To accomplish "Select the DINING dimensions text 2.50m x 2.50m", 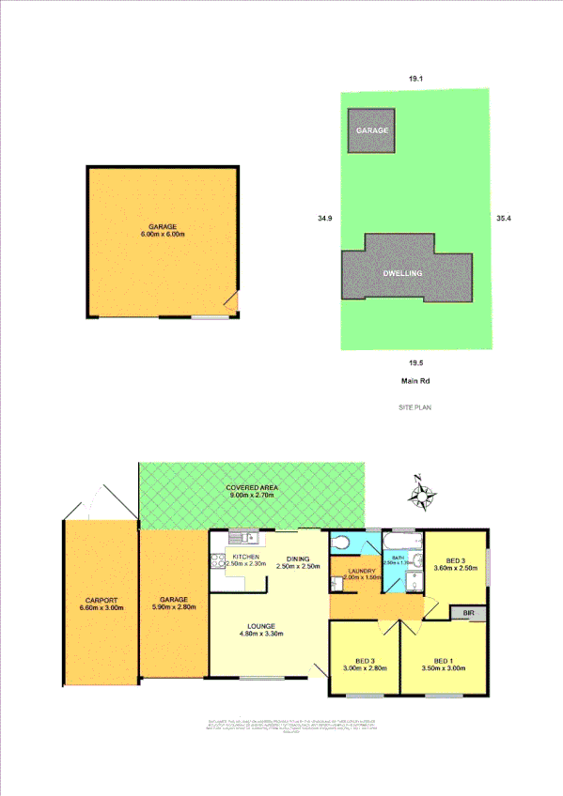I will tap(299, 566).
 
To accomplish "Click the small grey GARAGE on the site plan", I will tap(371, 130).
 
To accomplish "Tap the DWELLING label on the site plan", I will tap(402, 272).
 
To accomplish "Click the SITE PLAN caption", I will tap(414, 409).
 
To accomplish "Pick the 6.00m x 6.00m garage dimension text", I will tap(162, 235).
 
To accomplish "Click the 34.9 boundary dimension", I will tap(324, 219).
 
